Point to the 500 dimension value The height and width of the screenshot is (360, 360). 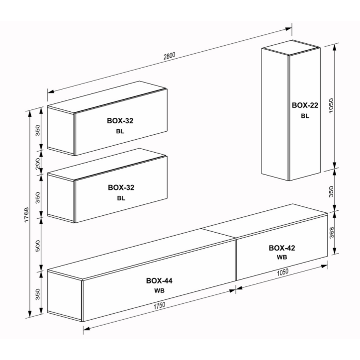click(x=38, y=245)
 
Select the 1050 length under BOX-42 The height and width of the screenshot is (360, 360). click(x=282, y=273)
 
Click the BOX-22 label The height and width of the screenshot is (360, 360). click(x=305, y=105)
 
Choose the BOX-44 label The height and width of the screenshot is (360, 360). click(x=159, y=280)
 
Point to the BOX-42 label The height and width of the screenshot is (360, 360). click(x=282, y=248)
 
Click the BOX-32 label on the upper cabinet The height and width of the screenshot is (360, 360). click(x=120, y=121)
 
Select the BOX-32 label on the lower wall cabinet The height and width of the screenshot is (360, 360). click(x=121, y=188)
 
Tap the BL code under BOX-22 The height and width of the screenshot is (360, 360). click(x=305, y=116)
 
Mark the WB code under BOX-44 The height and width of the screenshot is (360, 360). click(x=159, y=290)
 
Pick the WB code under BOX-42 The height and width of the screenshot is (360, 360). click(x=282, y=258)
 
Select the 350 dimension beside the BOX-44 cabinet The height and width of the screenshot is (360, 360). click(x=38, y=294)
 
